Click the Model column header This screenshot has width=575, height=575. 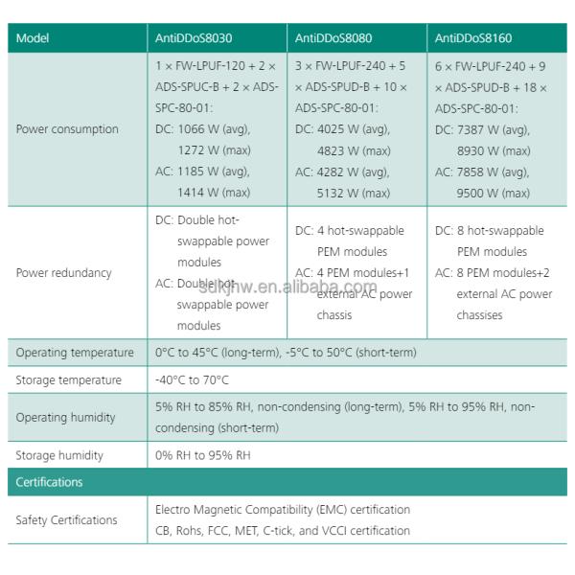tap(33, 39)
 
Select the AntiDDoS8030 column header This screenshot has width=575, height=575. tap(194, 39)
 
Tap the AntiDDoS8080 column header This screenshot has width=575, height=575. tap(333, 39)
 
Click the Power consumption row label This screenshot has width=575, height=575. tap(67, 129)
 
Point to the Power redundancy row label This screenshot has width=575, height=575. tap(63, 273)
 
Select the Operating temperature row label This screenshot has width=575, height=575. tap(75, 353)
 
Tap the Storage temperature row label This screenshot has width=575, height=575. tap(68, 380)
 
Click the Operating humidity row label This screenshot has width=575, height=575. tap(65, 418)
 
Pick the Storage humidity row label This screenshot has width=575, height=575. tap(59, 455)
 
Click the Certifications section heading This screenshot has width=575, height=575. tap(49, 482)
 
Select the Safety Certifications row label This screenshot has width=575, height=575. tap(66, 520)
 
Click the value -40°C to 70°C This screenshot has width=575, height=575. tap(192, 380)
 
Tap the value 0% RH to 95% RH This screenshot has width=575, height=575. tap(202, 455)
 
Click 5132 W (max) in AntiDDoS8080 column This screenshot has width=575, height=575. tap(354, 193)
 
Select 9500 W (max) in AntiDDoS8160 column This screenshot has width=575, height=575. tap(494, 193)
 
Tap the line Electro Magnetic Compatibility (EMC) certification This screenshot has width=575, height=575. tap(283, 510)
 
